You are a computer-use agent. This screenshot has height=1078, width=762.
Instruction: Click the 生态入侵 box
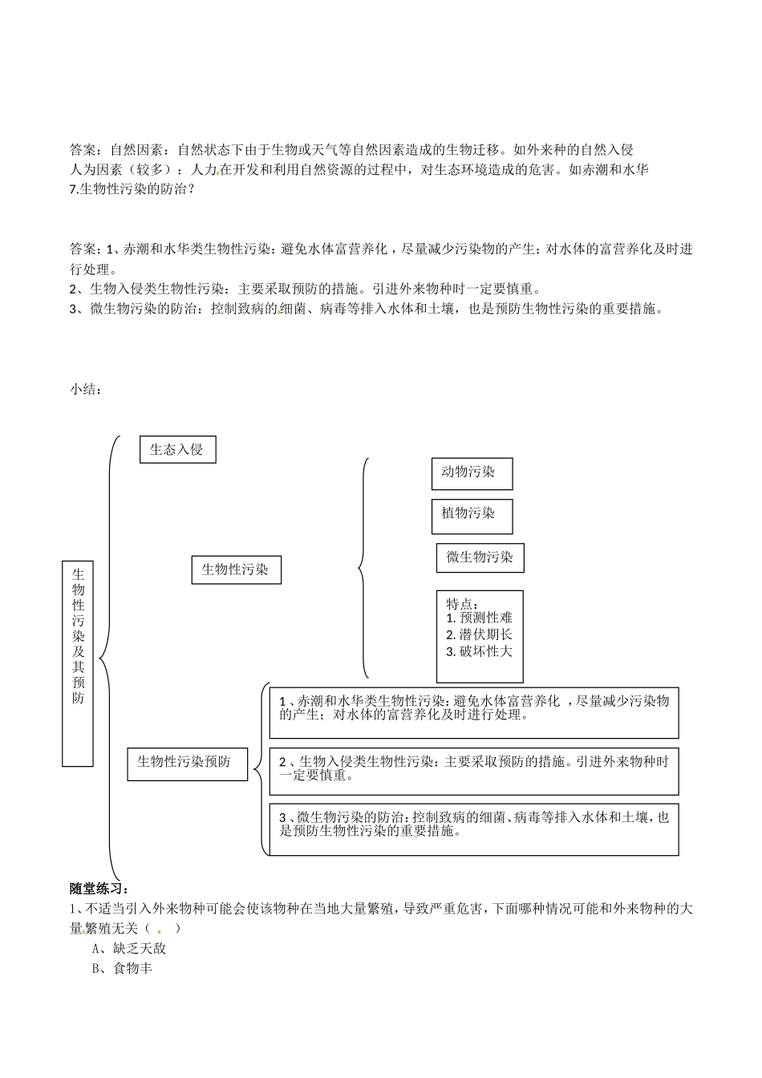pyautogui.click(x=177, y=449)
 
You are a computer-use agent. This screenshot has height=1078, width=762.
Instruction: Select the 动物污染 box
pyautogui.click(x=472, y=473)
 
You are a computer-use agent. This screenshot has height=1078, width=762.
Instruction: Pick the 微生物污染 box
pyautogui.click(x=480, y=557)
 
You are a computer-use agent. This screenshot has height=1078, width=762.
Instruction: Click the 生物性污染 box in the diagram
pyautogui.click(x=236, y=570)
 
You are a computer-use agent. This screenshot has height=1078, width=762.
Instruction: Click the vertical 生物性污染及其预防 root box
pyautogui.click(x=78, y=663)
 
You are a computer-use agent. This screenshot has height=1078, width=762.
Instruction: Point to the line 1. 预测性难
pyautogui.click(x=480, y=618)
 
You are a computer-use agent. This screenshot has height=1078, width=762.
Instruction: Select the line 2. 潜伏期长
pyautogui.click(x=480, y=634)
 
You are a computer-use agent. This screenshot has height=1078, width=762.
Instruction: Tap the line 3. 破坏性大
pyautogui.click(x=480, y=651)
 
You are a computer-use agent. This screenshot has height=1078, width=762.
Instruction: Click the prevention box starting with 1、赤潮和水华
pyautogui.click(x=473, y=711)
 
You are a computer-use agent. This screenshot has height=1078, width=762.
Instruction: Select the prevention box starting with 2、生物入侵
pyautogui.click(x=473, y=772)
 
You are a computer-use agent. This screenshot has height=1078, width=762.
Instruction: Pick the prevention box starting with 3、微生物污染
pyautogui.click(x=473, y=829)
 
